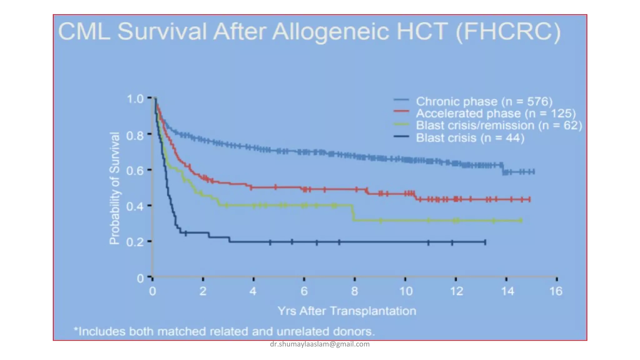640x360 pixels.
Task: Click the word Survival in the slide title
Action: coord(162,31)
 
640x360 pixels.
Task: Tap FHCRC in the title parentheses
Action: coord(508,31)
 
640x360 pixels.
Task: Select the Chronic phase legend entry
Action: coord(484,102)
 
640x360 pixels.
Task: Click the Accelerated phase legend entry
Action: coord(495,113)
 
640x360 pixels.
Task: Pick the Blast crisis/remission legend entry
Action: coord(499,125)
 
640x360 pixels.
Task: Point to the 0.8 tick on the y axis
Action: coord(135,136)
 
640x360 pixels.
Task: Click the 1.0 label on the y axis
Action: coord(135,99)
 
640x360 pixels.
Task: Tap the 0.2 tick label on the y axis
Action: coord(135,242)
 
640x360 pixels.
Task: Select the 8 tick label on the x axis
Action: coord(354,291)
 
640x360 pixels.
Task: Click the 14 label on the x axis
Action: coord(507,291)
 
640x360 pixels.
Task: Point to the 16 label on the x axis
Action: coord(556,291)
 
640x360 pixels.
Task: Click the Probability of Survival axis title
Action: coord(114,188)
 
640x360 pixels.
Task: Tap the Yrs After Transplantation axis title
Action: coord(347,311)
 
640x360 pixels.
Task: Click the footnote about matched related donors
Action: coord(224,331)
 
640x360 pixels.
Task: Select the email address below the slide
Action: coord(320,344)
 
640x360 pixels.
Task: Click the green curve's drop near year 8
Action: coord(353,213)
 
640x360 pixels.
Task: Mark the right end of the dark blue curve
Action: coord(485,242)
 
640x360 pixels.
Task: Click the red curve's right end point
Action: coord(530,199)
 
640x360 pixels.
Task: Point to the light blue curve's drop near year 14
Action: coord(503,169)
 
